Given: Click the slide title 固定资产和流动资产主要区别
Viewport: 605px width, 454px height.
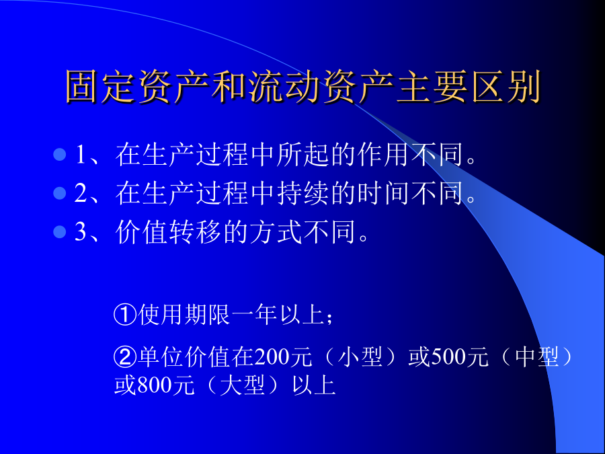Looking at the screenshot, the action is [303, 87].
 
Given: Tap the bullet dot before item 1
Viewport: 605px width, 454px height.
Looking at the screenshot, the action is [60, 155].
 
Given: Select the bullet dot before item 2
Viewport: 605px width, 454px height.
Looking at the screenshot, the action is [60, 193].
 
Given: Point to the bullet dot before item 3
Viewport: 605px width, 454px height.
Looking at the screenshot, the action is [60, 231].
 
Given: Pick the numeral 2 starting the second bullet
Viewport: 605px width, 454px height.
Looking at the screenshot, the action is [81, 193].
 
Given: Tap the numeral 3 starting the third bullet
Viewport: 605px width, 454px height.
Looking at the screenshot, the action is [81, 231].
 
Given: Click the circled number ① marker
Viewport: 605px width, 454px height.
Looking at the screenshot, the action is [126, 315].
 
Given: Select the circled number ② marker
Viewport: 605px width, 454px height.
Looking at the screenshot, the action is [126, 356].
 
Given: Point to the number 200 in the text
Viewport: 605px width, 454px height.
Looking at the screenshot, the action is [272, 356].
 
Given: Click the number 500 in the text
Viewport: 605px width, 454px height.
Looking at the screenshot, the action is [448, 356].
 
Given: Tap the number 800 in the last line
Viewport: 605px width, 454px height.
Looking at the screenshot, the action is [155, 385].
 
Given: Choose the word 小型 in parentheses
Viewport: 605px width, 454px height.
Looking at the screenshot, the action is [360, 356].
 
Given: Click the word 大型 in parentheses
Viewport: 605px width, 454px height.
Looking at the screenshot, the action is [242, 385].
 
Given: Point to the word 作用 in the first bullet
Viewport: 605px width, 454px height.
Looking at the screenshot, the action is [382, 155].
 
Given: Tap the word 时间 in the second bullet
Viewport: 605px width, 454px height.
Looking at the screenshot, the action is [382, 193].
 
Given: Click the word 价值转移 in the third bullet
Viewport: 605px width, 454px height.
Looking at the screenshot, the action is [168, 231].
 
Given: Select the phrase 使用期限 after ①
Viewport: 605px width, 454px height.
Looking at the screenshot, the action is [184, 315].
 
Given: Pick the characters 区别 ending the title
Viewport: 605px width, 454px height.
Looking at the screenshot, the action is [506, 87].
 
